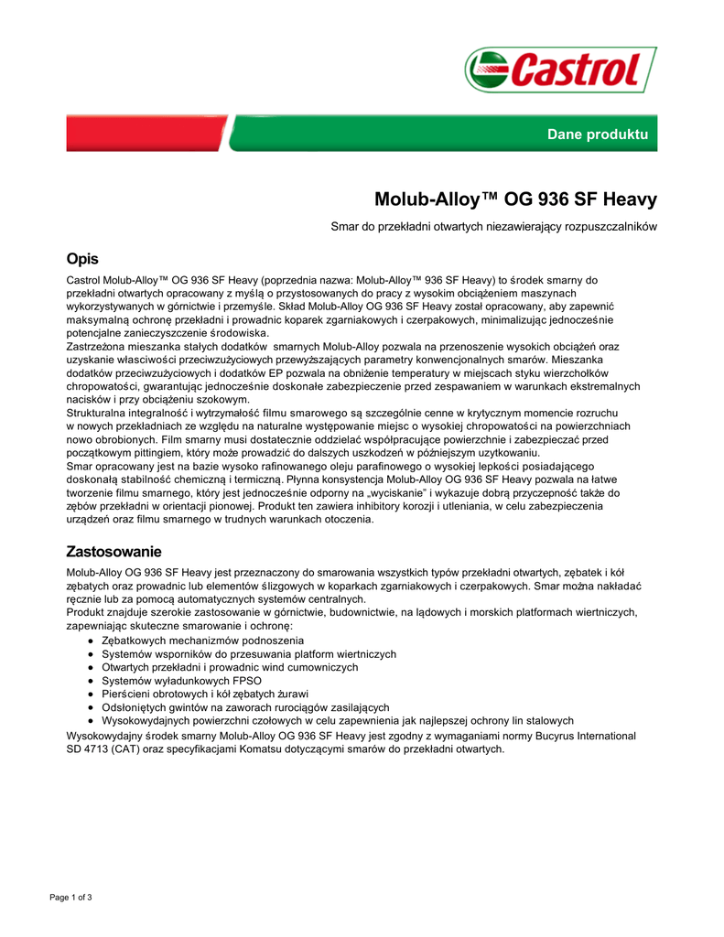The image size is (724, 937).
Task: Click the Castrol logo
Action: click(560, 70)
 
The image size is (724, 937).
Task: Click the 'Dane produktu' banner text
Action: click(597, 135)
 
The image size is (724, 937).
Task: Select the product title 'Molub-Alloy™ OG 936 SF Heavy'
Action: click(515, 199)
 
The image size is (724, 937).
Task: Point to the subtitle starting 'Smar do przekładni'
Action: click(493, 225)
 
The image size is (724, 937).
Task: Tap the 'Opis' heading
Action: click(82, 259)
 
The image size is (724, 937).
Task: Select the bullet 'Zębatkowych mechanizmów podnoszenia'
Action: click(202, 641)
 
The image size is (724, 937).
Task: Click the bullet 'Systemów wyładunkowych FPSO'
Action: click(181, 681)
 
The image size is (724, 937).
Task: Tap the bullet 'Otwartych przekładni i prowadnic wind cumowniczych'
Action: click(230, 667)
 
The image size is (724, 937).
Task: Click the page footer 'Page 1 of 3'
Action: click(70, 897)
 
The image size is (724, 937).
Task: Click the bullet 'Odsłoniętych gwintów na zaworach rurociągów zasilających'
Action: click(245, 707)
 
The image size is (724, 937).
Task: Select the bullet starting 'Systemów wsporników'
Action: click(249, 654)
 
